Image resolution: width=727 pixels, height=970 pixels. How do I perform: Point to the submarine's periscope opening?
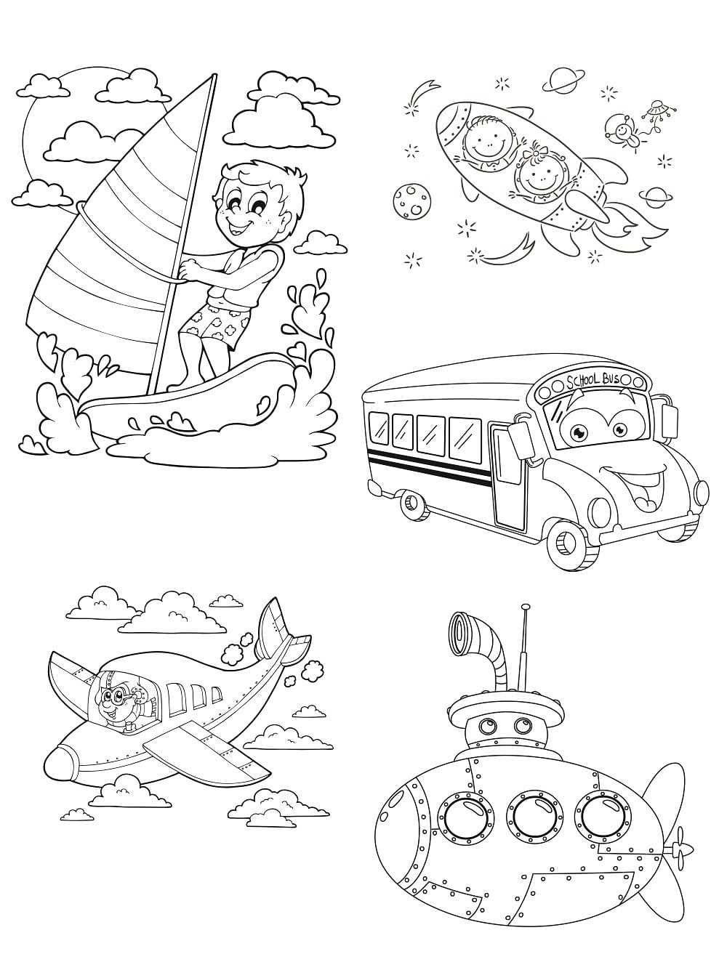click(x=462, y=627)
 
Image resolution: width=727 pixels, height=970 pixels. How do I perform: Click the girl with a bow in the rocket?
click(x=537, y=174)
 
